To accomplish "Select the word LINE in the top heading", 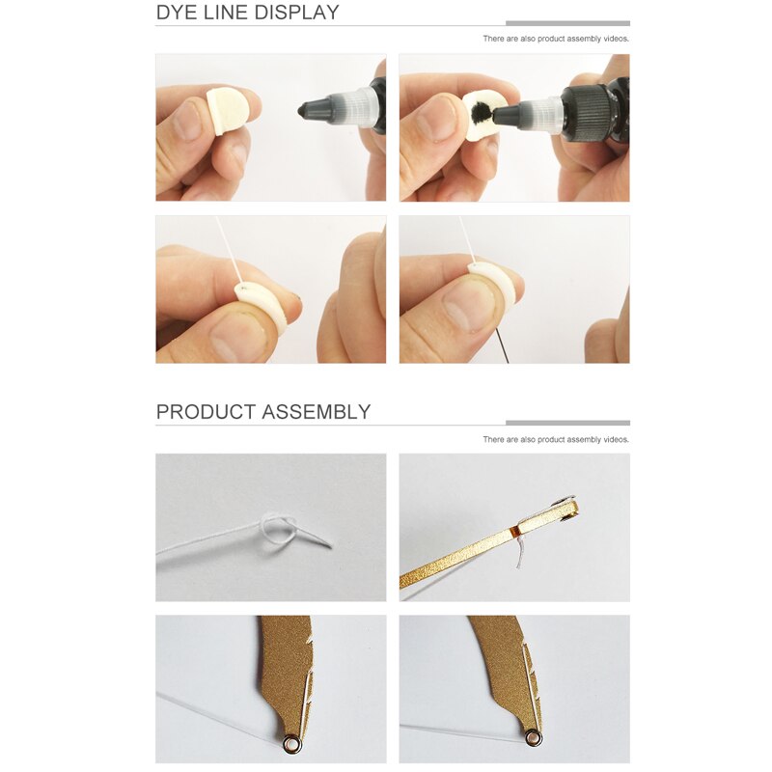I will click(x=229, y=13).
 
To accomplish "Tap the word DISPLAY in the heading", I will click(x=299, y=13).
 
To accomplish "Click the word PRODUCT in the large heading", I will click(x=205, y=412).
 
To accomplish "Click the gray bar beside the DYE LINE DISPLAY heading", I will click(x=567, y=22).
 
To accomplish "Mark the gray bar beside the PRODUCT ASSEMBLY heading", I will click(x=567, y=422).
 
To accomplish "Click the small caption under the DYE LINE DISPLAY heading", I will click(x=556, y=40).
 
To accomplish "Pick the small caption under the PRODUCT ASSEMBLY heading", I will click(x=556, y=439).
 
